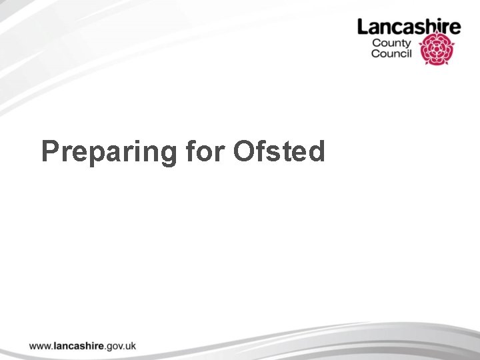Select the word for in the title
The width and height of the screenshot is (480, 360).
pos(205,151)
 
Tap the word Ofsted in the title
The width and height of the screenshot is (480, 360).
pos(279,151)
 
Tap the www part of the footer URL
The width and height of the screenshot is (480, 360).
pos(39,346)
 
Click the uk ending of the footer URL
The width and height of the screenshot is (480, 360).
pos(131,345)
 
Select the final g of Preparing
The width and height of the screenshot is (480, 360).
pos(169,155)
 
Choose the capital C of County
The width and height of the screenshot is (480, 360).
pos(376,43)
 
